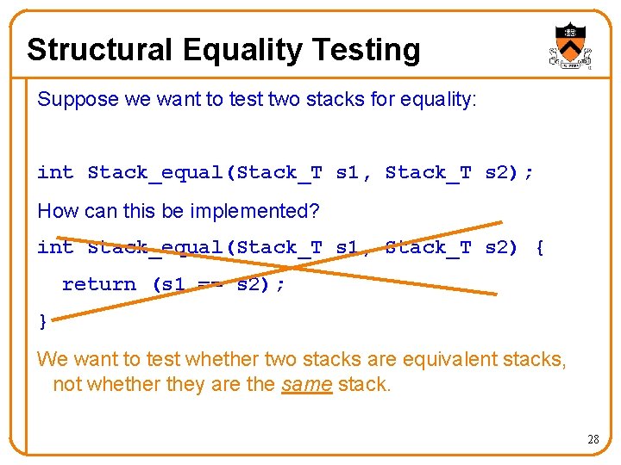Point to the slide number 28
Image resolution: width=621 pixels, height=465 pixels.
pos(593,440)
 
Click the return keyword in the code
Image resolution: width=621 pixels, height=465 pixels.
pos(99,284)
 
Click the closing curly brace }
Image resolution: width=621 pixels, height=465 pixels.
pos(43,322)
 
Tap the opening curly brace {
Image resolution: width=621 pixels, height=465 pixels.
pos(539,248)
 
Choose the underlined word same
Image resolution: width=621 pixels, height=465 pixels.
pos(306,384)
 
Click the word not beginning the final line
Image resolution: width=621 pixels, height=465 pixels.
pos(67,384)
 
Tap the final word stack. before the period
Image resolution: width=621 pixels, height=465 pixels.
pos(364,384)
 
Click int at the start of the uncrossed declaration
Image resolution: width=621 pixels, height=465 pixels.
pos(55,173)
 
